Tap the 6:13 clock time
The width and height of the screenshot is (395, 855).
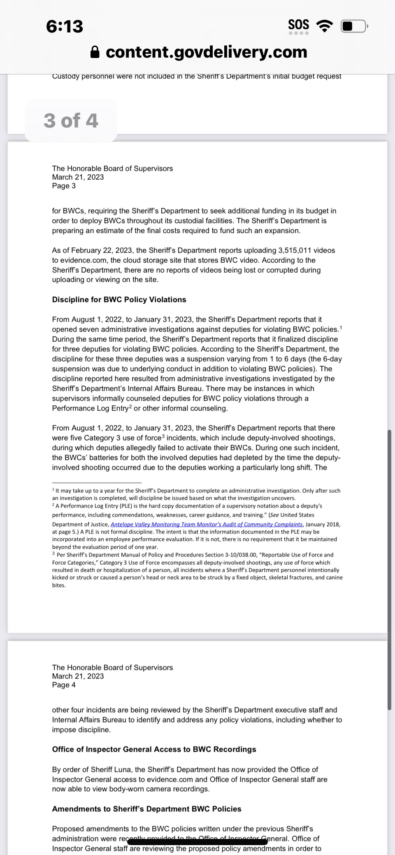(65, 26)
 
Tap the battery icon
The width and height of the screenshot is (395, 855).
(353, 26)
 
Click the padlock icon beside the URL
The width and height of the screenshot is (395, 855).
(95, 52)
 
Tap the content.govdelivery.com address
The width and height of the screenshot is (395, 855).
(206, 52)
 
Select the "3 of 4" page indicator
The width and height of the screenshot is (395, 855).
(71, 120)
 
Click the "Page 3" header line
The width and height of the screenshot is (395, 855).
(64, 186)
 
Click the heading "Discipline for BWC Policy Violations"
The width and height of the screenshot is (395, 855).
(119, 300)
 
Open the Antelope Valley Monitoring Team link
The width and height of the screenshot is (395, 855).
(207, 524)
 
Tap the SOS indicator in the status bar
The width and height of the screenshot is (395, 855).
(299, 24)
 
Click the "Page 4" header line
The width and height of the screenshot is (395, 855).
(64, 685)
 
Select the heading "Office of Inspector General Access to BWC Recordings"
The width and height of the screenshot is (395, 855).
(154, 749)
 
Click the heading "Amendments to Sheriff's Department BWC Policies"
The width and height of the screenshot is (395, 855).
(146, 809)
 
